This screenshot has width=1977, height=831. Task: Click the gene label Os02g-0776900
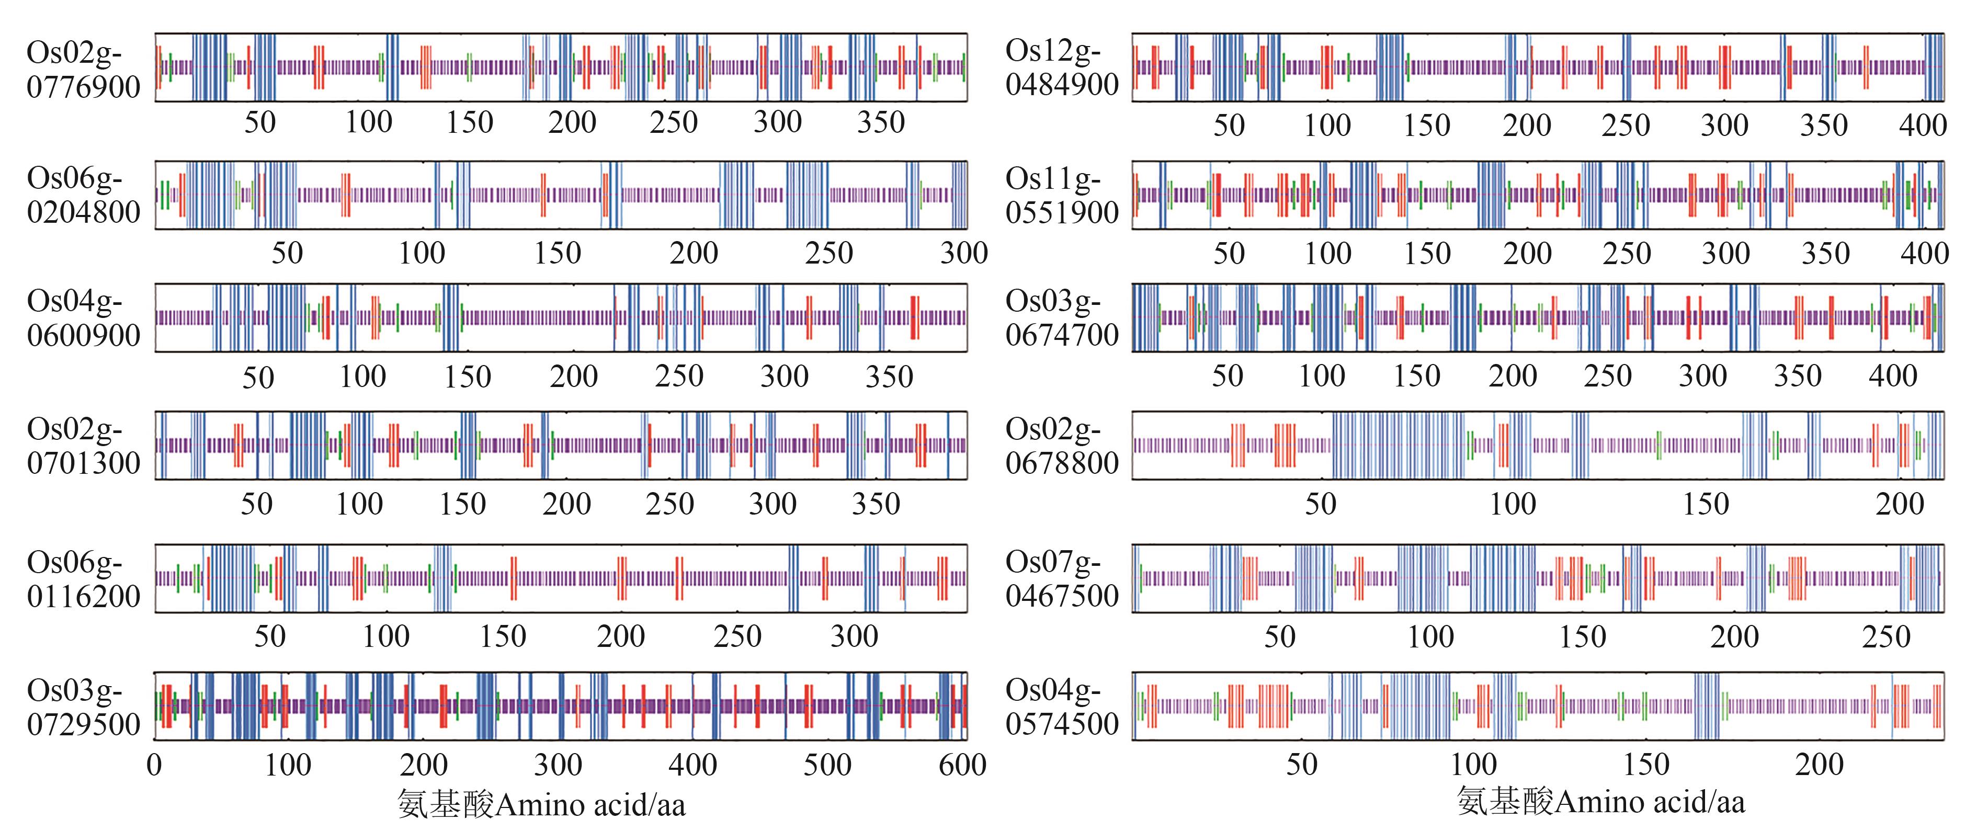click(x=83, y=70)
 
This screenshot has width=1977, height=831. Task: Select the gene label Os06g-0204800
click(x=83, y=195)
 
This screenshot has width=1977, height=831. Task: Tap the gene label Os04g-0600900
click(x=83, y=318)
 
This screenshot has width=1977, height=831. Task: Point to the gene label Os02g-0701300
click(x=83, y=446)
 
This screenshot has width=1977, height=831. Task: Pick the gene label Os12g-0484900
click(x=1061, y=67)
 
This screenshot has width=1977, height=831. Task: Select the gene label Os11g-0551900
click(x=1061, y=195)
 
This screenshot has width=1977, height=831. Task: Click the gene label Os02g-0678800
click(x=1061, y=446)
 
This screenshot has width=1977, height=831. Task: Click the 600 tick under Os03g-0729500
click(x=962, y=765)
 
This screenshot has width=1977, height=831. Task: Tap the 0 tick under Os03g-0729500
click(x=154, y=765)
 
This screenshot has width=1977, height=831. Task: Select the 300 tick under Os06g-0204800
click(x=964, y=253)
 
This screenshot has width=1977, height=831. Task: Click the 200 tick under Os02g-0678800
click(x=1900, y=504)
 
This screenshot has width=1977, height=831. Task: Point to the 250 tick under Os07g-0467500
click(x=1885, y=637)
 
